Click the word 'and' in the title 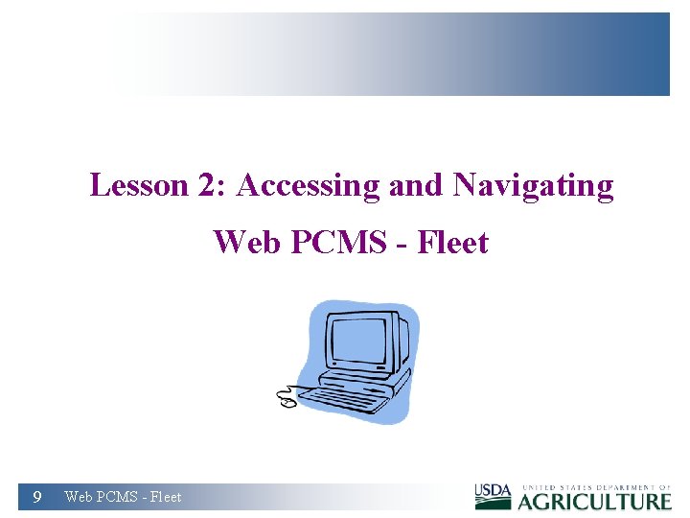pos(416,185)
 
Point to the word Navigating pos(533,186)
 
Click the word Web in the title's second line pos(246,243)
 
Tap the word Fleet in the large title pos(451,243)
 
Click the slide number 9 pos(36,497)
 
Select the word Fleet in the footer pos(165,497)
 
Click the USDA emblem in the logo pos(494,496)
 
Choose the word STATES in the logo pos(568,487)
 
